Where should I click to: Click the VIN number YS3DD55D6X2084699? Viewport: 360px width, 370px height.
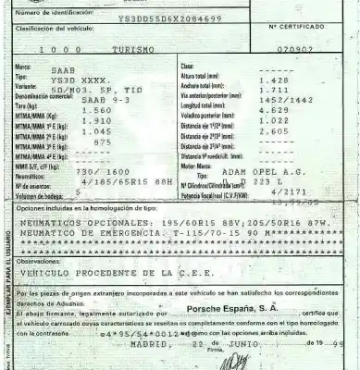169,18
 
